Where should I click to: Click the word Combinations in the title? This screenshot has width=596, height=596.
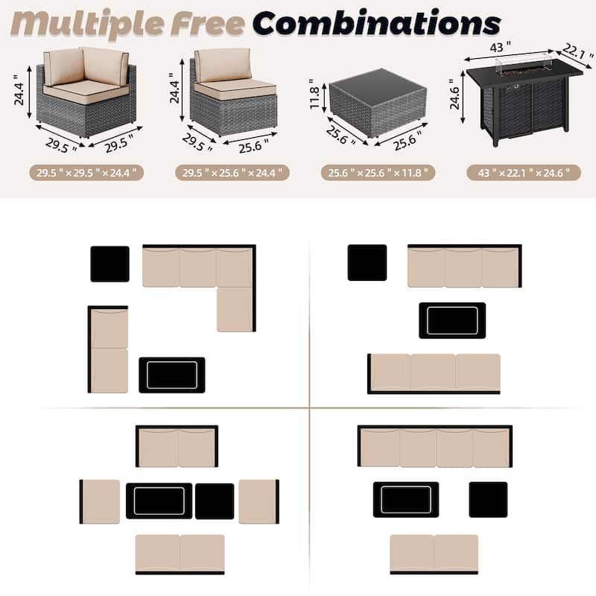(376, 23)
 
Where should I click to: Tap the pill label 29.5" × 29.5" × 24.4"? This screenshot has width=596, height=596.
(86, 173)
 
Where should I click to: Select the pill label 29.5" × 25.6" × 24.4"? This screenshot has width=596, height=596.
(232, 173)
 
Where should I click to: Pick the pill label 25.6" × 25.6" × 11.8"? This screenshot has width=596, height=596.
(378, 173)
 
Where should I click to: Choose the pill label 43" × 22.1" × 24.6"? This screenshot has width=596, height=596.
(524, 173)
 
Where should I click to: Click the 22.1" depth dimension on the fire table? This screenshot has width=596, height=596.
(577, 51)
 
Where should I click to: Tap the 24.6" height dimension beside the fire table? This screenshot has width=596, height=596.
(454, 94)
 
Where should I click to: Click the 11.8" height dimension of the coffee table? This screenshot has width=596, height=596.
(314, 94)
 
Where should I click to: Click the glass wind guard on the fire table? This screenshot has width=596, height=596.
(524, 66)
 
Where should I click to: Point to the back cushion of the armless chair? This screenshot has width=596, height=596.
(223, 65)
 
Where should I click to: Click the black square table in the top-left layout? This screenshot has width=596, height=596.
(110, 264)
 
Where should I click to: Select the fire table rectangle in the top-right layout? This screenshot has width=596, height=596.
(452, 320)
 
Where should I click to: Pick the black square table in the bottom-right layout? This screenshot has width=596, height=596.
(488, 499)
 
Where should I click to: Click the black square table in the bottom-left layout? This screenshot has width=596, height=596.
(215, 501)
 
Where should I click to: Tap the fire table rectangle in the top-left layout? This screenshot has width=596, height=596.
(172, 375)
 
